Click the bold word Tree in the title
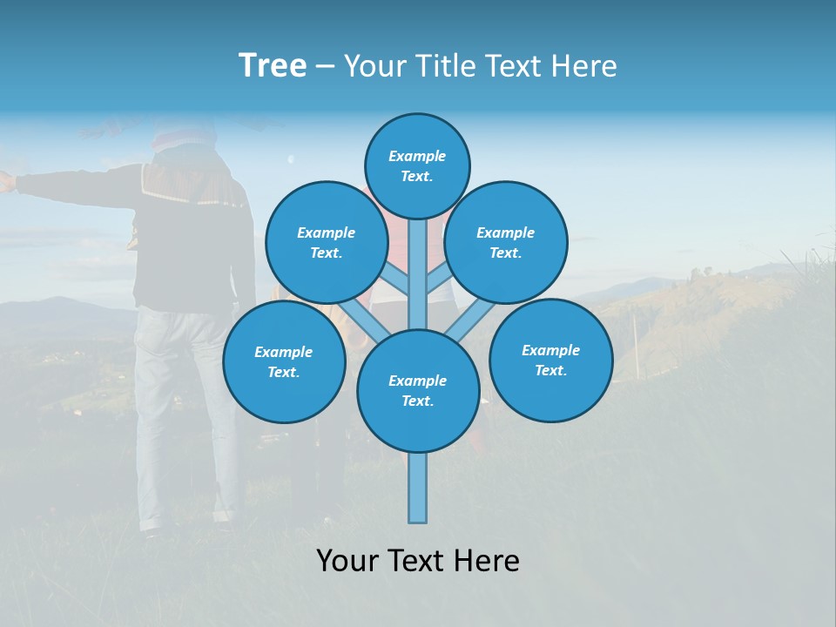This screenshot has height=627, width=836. coord(273,66)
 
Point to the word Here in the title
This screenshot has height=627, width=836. coord(585,66)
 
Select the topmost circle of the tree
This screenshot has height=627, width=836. coord(417,165)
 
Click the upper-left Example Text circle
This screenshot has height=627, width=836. coord(326,242)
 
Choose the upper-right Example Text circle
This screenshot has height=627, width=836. coord(506,242)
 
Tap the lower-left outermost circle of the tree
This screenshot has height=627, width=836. coord(284,361)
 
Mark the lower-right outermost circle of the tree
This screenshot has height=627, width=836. coord(550,360)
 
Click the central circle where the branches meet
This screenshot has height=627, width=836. coord(418,390)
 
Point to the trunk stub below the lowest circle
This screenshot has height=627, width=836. coord(418,488)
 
